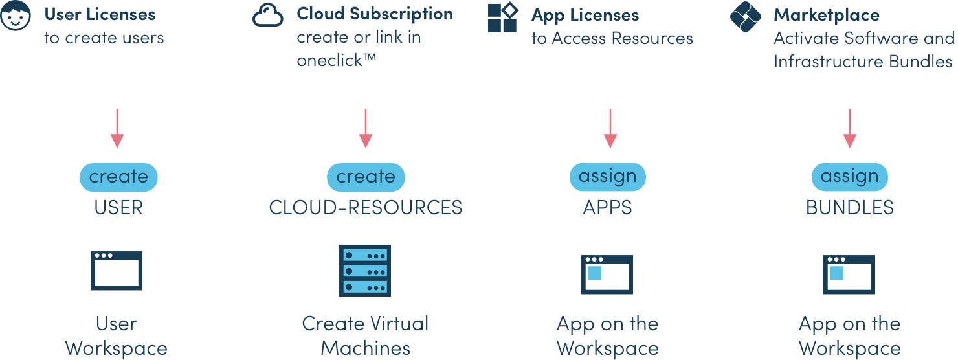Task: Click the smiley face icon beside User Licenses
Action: (16, 16)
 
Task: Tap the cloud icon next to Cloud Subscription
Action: (268, 15)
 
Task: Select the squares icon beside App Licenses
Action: (502, 17)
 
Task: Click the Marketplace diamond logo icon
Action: (745, 17)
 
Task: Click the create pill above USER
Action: (118, 177)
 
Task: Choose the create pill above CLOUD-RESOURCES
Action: (366, 177)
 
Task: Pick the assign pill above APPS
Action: (608, 177)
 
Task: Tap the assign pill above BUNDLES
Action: (850, 177)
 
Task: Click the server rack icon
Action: (365, 271)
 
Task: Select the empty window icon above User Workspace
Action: (117, 271)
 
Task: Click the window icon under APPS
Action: (607, 274)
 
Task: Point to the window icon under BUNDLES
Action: (849, 274)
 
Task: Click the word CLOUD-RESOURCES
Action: (366, 208)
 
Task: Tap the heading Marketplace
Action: (827, 15)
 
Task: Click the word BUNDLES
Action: (850, 208)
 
